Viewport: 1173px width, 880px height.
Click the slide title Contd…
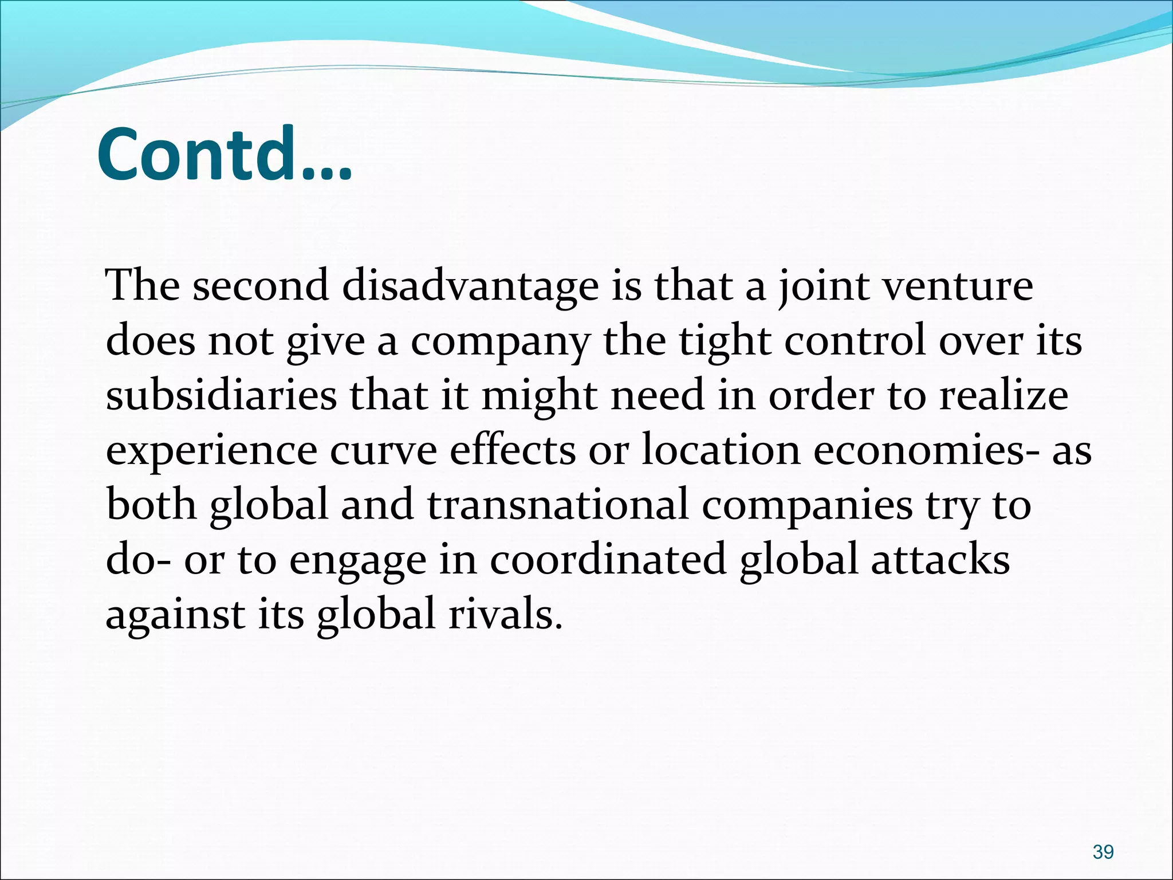pos(225,155)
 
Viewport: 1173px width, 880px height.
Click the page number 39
pos(1103,836)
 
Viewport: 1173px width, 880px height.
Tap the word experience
pos(211,451)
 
